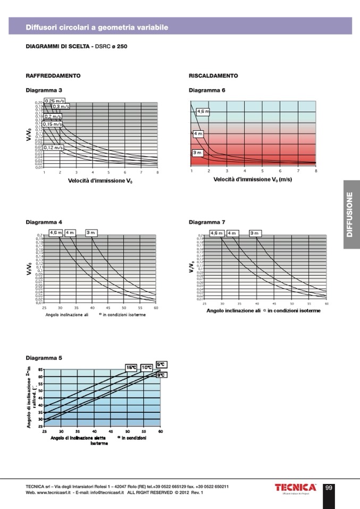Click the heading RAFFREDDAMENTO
53,76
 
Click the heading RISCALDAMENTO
213,76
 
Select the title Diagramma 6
207,90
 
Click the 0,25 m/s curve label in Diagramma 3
55,100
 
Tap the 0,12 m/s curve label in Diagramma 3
53,147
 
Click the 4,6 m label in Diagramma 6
203,112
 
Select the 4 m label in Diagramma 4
70,233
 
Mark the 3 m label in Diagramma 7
255,233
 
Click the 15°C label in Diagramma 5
131,367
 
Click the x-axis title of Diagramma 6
253,180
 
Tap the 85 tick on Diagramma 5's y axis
40,369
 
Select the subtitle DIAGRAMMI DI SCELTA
58,46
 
